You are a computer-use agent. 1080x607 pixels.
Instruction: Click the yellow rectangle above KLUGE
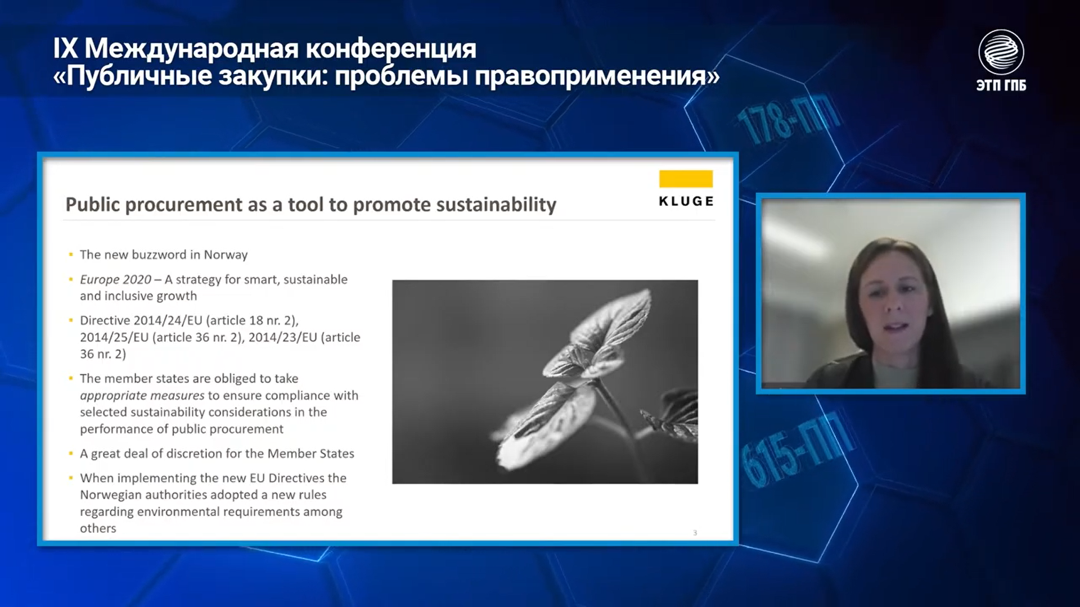[x=686, y=179]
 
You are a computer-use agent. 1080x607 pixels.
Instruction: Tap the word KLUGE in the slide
[x=686, y=201]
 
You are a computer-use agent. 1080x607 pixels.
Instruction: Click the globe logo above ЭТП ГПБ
[x=1001, y=52]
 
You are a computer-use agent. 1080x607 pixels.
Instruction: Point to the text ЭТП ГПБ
[x=1001, y=85]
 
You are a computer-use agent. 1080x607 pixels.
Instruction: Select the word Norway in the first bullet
[x=226, y=255]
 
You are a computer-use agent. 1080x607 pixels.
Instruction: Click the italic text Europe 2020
[x=115, y=280]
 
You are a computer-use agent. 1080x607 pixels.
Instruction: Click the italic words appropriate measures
[x=142, y=396]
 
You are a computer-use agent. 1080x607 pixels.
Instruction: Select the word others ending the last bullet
[x=98, y=528]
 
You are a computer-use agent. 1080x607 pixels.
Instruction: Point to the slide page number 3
[x=695, y=533]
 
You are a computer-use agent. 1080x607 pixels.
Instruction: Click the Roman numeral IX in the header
[x=65, y=49]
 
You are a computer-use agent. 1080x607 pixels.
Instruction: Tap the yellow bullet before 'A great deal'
[x=71, y=453]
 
